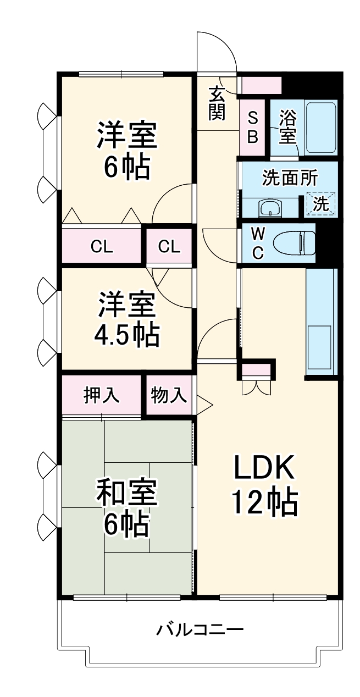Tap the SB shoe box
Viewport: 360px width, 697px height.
[253, 127]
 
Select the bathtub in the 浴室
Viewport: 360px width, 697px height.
[321, 127]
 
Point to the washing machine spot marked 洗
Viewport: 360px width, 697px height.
[321, 203]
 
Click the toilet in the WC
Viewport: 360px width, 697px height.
[294, 242]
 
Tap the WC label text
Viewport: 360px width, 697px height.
[257, 243]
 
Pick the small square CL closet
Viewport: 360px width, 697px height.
[169, 247]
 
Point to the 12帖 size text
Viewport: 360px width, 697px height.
[265, 501]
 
